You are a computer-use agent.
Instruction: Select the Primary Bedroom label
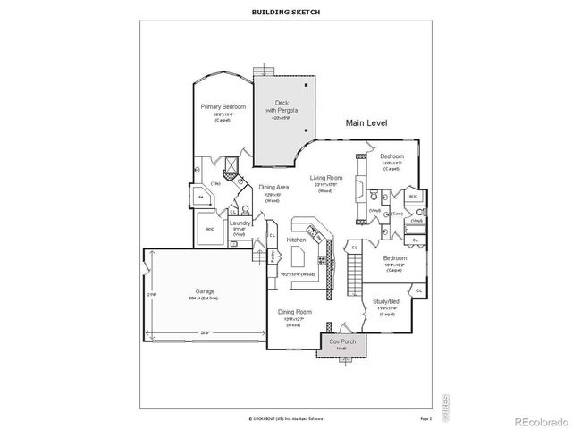tap(223, 105)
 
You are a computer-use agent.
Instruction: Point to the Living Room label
tap(326, 178)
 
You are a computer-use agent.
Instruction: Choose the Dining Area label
tap(273, 187)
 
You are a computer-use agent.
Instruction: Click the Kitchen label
tap(297, 240)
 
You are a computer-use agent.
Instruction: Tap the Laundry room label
tap(239, 223)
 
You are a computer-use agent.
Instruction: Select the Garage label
tap(205, 291)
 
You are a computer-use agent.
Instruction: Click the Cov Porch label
tap(342, 342)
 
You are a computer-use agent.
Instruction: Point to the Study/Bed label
tap(386, 302)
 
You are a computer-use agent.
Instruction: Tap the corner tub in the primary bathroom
tap(202, 198)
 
